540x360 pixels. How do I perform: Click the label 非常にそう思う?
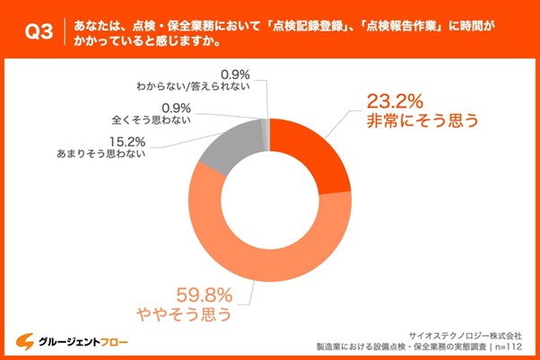point(414,119)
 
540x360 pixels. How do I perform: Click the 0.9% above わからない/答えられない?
point(235,72)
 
